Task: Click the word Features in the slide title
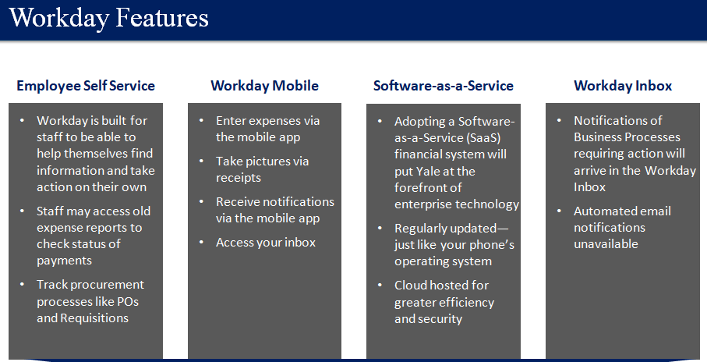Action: pos(162,18)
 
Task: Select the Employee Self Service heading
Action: pos(86,86)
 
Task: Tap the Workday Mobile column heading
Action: pos(265,86)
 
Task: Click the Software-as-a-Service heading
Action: pos(444,86)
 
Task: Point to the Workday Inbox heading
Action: pos(623,86)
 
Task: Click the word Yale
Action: pos(429,172)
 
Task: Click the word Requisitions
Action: pos(94,318)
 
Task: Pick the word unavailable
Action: pos(606,244)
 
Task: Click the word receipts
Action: pos(239,179)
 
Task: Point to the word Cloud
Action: pos(411,286)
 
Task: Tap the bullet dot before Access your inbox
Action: pos(202,243)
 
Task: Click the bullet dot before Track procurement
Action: pos(22,284)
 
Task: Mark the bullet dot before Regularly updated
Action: pos(380,229)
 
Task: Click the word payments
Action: pos(65,261)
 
